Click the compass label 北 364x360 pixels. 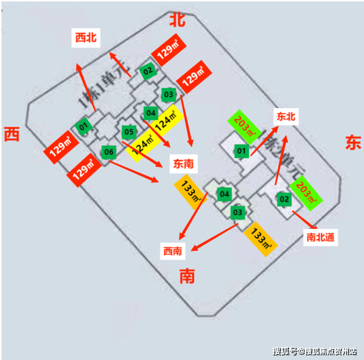point(178,20)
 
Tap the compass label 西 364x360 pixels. point(12,134)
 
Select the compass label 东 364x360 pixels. point(353,143)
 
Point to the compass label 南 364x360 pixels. point(187,276)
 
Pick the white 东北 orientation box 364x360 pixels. point(285,117)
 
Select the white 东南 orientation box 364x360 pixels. point(183,164)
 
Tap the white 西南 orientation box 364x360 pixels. point(173,252)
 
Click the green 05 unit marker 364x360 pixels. point(129,132)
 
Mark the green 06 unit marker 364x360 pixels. point(108,152)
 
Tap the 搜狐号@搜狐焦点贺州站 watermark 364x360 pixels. point(315,351)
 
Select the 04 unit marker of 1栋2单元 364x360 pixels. point(224,194)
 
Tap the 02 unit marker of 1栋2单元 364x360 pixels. point(284,199)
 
